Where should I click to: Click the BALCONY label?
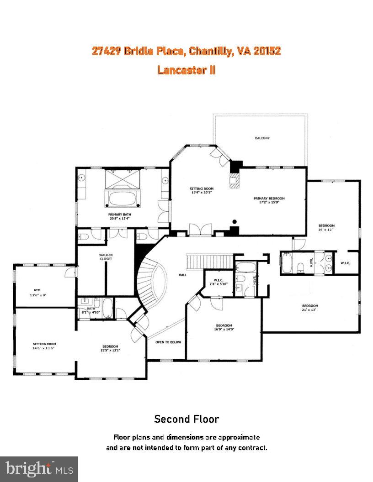[262, 138]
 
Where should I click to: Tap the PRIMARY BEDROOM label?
[269, 199]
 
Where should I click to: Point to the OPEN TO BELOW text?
[166, 342]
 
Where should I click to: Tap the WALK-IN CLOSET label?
[106, 257]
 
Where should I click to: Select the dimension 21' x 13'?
[309, 310]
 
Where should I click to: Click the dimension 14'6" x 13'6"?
[44, 348]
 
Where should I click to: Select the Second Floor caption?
[186, 419]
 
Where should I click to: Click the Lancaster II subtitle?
[186, 70]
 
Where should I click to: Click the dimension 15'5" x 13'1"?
[110, 351]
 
